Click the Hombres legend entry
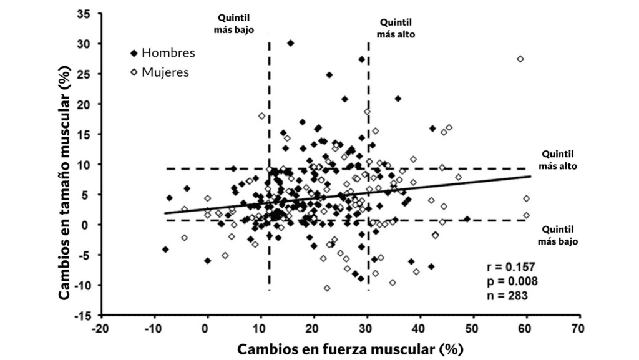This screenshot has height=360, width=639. [162, 53]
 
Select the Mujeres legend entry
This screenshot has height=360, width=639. [159, 72]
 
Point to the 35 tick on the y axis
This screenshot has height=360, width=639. [82, 13]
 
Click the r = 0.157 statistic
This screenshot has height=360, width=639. [509, 268]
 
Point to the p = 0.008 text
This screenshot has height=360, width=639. [509, 281]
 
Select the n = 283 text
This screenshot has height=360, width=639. [507, 295]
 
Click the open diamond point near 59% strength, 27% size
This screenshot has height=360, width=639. [520, 59]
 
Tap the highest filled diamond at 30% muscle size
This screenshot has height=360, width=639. [290, 43]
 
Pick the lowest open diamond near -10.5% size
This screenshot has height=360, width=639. [327, 288]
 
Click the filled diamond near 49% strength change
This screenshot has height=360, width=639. [467, 219]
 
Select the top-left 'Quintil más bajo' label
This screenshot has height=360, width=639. [235, 24]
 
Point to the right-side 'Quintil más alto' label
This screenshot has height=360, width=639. [558, 160]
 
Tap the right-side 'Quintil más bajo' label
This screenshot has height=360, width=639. [559, 235]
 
